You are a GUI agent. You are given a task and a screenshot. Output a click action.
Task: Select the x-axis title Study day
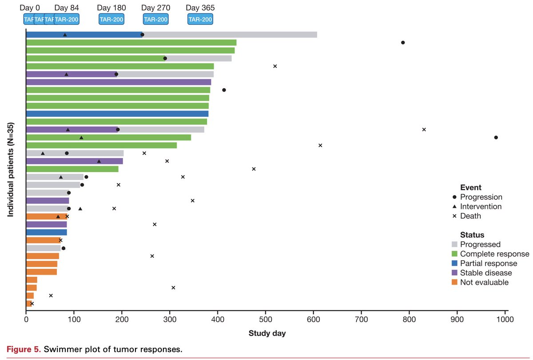[x=267, y=333]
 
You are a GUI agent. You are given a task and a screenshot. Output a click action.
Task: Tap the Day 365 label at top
[x=199, y=8]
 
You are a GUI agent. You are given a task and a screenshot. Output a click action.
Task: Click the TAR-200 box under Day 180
[x=111, y=19]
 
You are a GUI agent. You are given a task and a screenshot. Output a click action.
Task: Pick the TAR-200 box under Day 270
[x=155, y=19]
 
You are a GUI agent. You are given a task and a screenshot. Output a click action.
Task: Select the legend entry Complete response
[x=494, y=254]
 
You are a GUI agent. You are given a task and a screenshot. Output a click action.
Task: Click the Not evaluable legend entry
[x=484, y=282]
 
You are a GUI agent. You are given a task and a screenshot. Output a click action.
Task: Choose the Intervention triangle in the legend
[x=454, y=207]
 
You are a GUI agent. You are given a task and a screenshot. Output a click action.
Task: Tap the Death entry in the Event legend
[x=470, y=216]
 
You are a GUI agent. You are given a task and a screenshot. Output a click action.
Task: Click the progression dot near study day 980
[x=496, y=137]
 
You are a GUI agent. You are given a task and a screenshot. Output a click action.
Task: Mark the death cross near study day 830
[x=424, y=129]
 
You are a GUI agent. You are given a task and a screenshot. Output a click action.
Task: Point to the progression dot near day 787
[x=403, y=43]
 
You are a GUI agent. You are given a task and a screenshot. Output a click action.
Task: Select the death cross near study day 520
[x=275, y=66]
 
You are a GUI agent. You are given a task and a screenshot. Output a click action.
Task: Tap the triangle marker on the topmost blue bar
[x=65, y=35]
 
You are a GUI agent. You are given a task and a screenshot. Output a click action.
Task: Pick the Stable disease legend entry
[x=486, y=273]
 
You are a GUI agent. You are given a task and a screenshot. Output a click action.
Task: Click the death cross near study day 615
[x=320, y=145]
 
